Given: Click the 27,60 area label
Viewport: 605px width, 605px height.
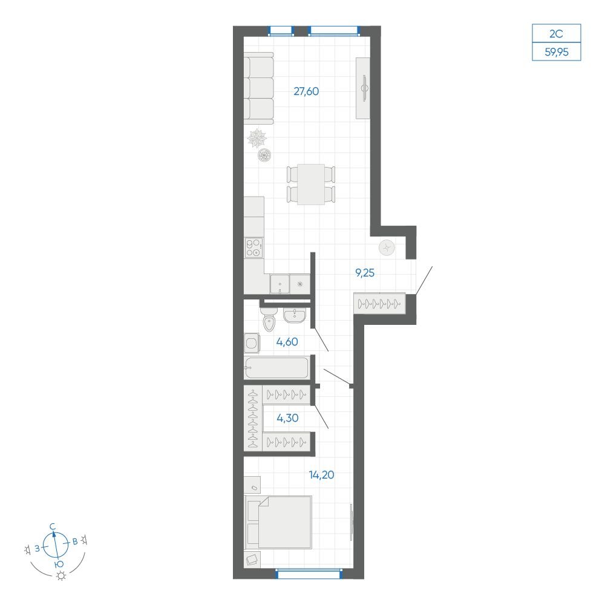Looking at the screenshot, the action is [x=306, y=91].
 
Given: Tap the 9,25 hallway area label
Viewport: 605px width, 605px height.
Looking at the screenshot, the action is [x=365, y=273].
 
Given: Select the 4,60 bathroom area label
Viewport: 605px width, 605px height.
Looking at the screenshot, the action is [x=287, y=341].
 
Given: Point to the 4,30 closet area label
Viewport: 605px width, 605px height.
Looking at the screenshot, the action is [x=287, y=418].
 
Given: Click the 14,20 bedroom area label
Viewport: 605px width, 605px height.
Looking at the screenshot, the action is [x=321, y=474].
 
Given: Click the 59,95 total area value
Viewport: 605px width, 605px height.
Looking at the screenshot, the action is [x=557, y=51].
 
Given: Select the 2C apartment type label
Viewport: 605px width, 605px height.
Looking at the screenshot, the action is [x=556, y=34].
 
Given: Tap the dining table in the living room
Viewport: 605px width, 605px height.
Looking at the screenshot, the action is [x=310, y=185].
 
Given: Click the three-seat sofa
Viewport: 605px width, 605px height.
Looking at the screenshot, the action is [x=258, y=88].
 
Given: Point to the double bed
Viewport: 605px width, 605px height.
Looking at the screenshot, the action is [x=278, y=522].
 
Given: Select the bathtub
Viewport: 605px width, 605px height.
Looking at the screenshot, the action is [x=276, y=367].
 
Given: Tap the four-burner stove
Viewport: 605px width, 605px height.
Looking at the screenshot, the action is [x=254, y=247].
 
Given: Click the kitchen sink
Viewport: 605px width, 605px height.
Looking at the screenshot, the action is [x=280, y=284].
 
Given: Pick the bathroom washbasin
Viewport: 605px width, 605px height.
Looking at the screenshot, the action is [x=295, y=315].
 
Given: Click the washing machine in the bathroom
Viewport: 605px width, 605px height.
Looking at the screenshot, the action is [x=252, y=343].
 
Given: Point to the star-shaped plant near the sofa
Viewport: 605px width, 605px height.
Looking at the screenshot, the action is [x=257, y=139].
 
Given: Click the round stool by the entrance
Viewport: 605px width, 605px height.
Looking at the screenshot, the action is [x=387, y=247].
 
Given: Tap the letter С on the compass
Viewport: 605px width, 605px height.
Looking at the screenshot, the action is [x=53, y=527].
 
